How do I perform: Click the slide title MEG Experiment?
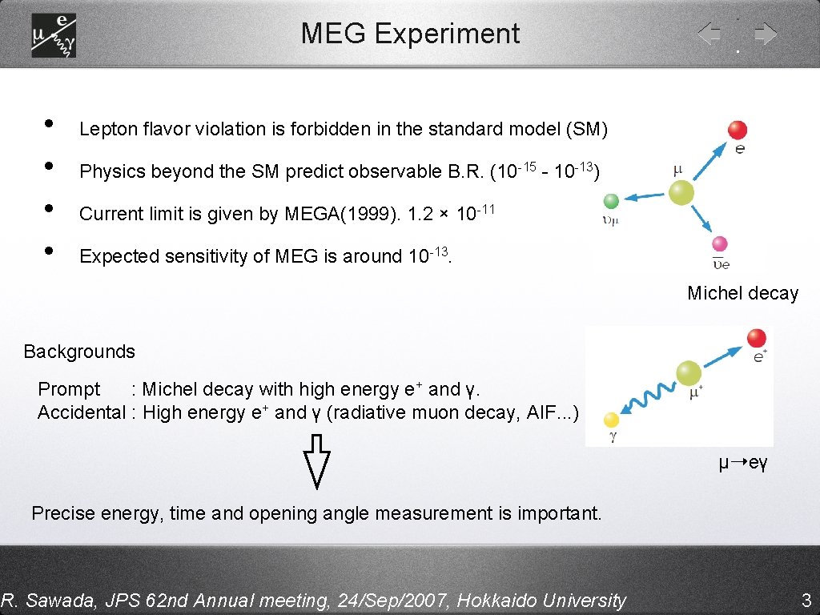(410, 34)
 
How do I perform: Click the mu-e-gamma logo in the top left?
(54, 35)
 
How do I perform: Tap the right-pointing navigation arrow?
(766, 34)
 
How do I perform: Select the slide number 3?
(806, 600)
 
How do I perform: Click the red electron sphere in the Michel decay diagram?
(738, 130)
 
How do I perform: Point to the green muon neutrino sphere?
(612, 201)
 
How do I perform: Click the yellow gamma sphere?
(612, 419)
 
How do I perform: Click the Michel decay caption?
(742, 293)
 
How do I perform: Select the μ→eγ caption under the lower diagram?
(742, 464)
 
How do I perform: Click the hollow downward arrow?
(318, 460)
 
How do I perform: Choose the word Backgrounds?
(79, 352)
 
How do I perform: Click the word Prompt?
(69, 389)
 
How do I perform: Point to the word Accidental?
(82, 412)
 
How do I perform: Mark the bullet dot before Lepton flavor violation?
(49, 124)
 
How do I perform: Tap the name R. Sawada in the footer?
(39, 600)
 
